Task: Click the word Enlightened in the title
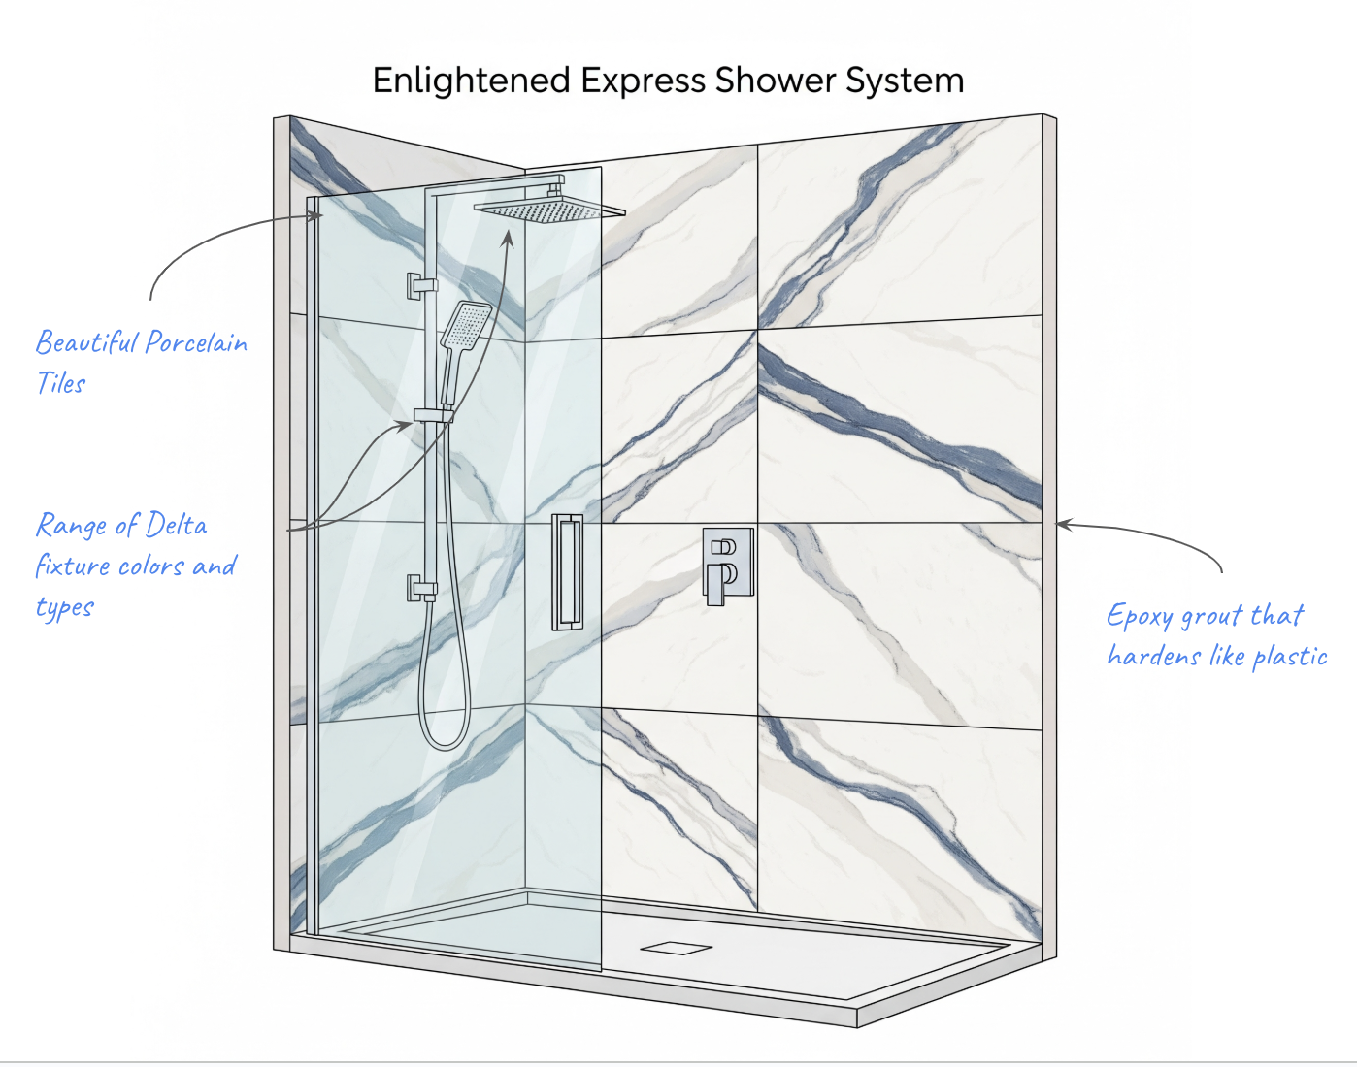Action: [471, 81]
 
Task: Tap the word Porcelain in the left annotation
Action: [196, 343]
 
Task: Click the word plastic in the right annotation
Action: [1290, 657]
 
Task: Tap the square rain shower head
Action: [548, 210]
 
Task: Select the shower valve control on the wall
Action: [727, 566]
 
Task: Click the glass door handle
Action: [568, 572]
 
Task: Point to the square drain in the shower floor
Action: [676, 948]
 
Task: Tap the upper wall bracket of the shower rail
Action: [421, 285]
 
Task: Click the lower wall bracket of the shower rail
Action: [421, 588]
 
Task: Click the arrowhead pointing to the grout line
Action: [1063, 525]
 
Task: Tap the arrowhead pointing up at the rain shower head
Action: [508, 237]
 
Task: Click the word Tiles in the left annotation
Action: [60, 384]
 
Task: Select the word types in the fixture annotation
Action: [64, 608]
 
